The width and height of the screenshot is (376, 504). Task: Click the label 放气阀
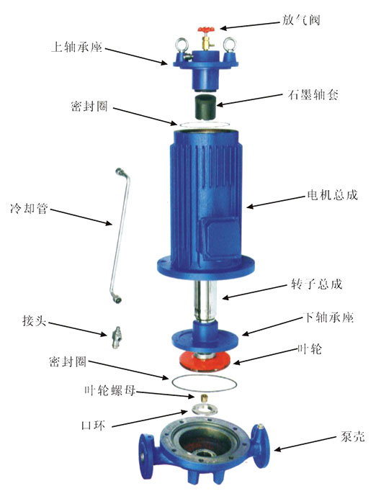pos(304,21)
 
